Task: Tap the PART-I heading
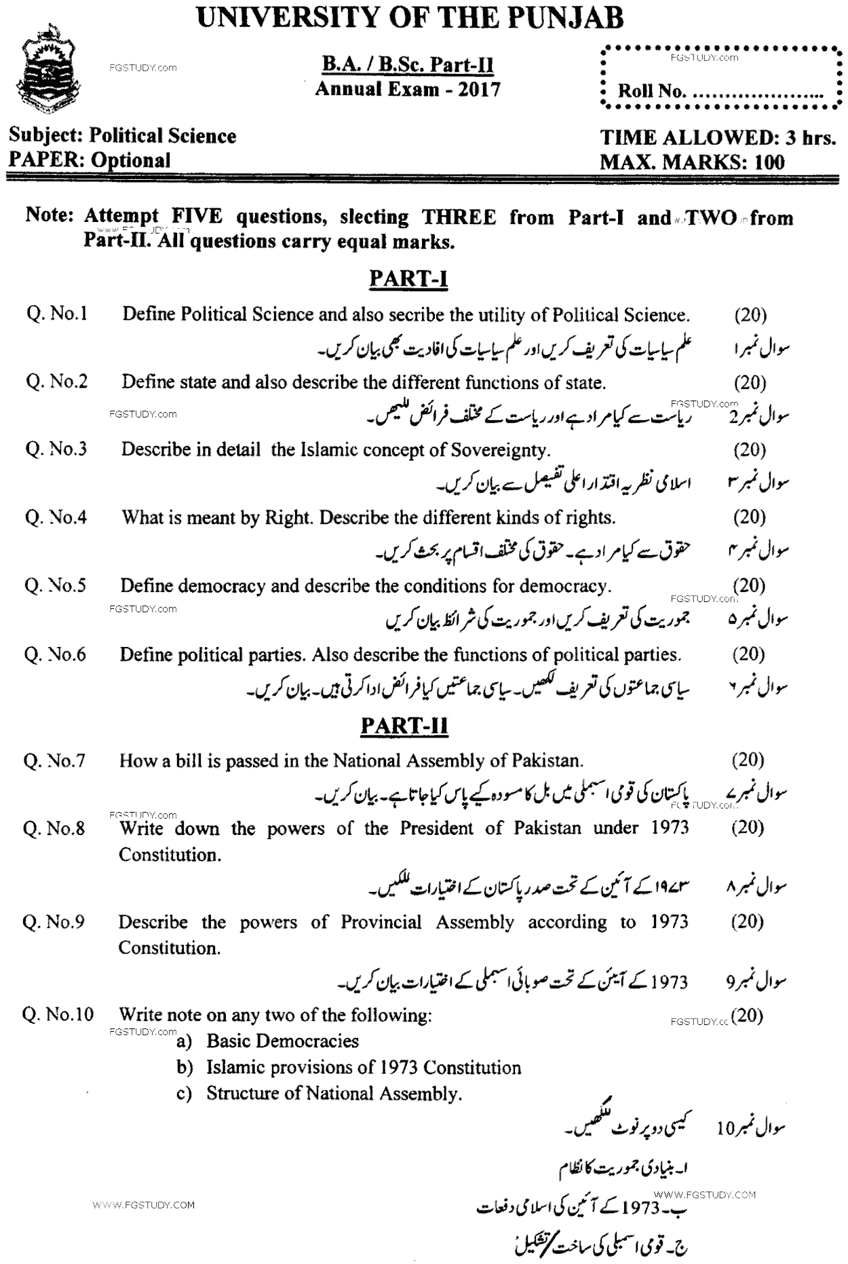[x=408, y=278]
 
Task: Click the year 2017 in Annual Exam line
[x=479, y=89]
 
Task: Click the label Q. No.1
[x=57, y=314]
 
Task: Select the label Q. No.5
[x=56, y=585]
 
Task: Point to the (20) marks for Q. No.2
[x=750, y=382]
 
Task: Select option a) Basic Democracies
[x=268, y=1041]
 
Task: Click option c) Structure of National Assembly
[x=320, y=1093]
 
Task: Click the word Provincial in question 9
[x=381, y=922]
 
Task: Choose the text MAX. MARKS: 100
[x=692, y=162]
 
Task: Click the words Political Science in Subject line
[x=163, y=136]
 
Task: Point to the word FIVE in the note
[x=197, y=217]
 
